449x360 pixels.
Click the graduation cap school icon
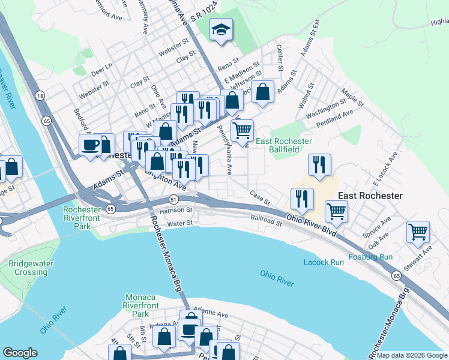pyautogui.click(x=221, y=30)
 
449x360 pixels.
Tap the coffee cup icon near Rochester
pyautogui.click(x=91, y=145)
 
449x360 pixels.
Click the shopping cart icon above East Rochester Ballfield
pyautogui.click(x=243, y=130)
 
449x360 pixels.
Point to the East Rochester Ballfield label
pyautogui.click(x=284, y=145)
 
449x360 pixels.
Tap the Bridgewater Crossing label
pyautogui.click(x=28, y=268)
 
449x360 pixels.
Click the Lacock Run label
pyautogui.click(x=324, y=262)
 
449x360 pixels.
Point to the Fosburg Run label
pyautogui.click(x=373, y=257)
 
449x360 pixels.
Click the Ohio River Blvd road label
pyautogui.click(x=310, y=227)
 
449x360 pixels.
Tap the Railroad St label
pyautogui.click(x=267, y=223)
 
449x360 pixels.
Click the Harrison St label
pyautogui.click(x=175, y=211)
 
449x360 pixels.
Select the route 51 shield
pyautogui.click(x=173, y=199)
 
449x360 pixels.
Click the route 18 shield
pyautogui.click(x=40, y=96)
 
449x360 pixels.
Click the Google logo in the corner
pyautogui.click(x=20, y=353)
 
